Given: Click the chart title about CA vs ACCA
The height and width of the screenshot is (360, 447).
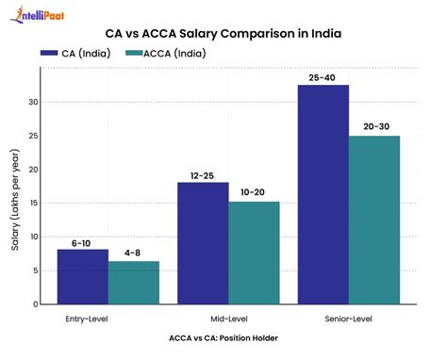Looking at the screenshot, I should pos(223,36).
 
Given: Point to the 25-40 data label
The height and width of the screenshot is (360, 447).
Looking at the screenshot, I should pos(323,75).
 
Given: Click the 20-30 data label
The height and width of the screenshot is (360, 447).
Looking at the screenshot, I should pos(374,126).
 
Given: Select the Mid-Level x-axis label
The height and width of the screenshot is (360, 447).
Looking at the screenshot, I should pos(228,319).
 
